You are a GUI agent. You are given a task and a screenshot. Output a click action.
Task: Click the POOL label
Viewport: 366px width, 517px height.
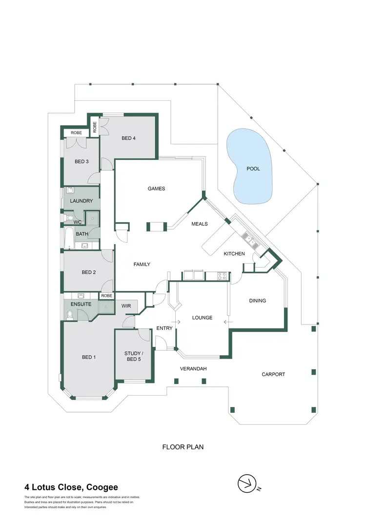point(253,169)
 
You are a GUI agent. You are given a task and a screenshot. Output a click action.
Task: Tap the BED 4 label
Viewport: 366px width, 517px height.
point(128,138)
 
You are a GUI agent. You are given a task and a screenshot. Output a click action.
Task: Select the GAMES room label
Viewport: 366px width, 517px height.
point(157,189)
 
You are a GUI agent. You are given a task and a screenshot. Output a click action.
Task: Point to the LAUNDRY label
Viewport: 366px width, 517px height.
point(81,201)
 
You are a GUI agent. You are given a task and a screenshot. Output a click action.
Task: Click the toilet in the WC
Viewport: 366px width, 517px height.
point(69,218)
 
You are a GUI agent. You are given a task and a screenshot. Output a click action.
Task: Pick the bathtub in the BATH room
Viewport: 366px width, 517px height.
point(68,238)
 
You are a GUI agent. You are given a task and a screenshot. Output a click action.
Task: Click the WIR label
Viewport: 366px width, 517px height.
point(126,306)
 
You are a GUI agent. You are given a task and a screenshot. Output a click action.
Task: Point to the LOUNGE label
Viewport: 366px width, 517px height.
point(202,318)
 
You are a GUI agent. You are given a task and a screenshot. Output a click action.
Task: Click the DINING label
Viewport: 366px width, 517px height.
point(258,301)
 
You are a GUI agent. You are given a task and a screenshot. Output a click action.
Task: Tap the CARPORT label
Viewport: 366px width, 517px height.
point(273,374)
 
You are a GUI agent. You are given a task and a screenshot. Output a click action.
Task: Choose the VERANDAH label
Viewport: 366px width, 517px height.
point(193,369)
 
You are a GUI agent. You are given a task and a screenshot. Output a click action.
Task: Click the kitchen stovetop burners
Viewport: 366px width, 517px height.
point(221,276)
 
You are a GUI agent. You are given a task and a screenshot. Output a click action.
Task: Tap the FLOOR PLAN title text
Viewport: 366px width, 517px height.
point(183,446)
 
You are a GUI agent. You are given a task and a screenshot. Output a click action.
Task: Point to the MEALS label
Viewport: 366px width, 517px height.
point(200,224)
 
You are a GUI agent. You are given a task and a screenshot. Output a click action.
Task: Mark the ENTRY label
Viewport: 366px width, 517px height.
point(164,328)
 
